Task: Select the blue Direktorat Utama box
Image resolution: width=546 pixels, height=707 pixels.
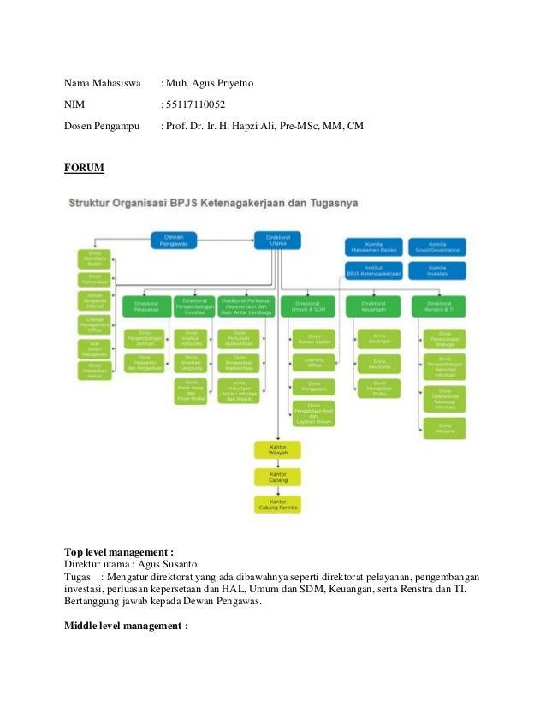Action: [276, 240]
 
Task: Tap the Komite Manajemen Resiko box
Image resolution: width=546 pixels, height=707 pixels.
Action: [373, 247]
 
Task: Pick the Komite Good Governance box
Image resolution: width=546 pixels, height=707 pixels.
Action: [437, 247]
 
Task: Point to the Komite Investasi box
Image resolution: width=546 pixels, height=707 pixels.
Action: [437, 270]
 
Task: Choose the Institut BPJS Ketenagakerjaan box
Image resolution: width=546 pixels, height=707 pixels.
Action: [373, 270]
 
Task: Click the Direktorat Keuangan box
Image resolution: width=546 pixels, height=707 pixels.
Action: [373, 305]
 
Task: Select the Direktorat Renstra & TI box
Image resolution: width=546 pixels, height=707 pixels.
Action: [438, 305]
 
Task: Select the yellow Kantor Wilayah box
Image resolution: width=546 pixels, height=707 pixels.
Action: [277, 449]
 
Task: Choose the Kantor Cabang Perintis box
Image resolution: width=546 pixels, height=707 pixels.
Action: [277, 504]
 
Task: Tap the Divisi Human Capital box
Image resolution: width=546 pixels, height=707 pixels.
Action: [314, 337]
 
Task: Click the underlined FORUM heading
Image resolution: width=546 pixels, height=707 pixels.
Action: [84, 169]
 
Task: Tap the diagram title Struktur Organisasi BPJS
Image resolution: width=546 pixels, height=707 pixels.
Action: [214, 203]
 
